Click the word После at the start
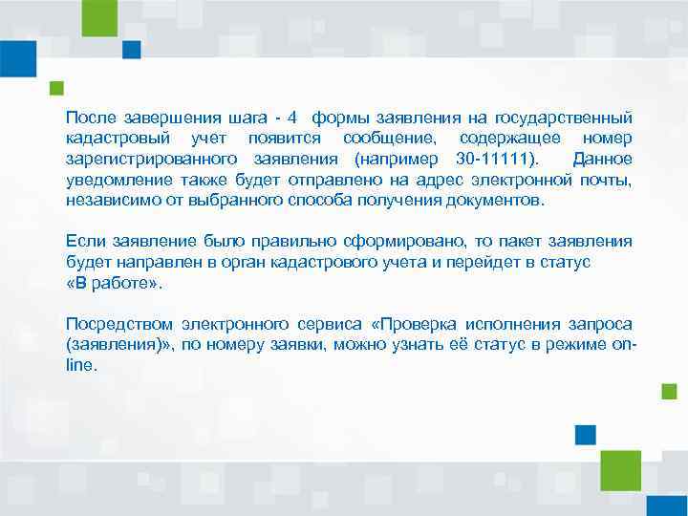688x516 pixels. [89, 118]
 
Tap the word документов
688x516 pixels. [494, 200]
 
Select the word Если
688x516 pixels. [81, 241]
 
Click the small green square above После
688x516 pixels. [57, 88]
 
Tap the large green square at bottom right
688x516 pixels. [621, 469]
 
